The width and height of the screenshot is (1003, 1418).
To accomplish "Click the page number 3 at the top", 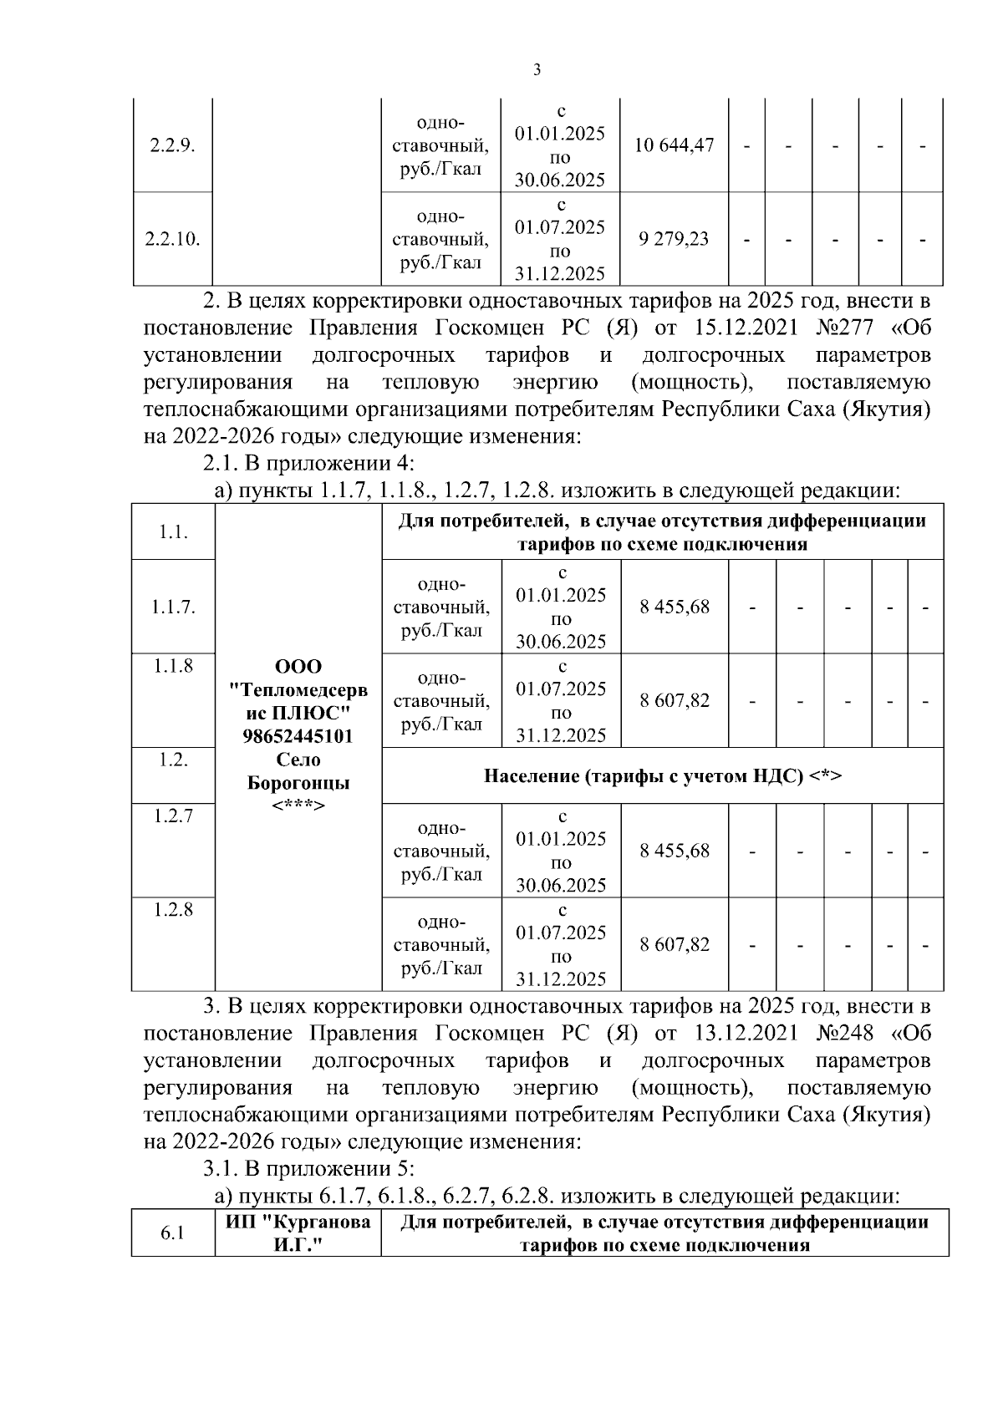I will click(x=537, y=70).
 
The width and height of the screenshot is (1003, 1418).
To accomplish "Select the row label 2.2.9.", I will click(x=172, y=145).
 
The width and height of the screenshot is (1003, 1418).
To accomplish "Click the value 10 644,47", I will click(x=674, y=145).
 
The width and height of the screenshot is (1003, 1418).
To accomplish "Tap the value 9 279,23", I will click(x=674, y=239).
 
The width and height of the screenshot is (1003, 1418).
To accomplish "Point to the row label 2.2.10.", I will click(x=172, y=239).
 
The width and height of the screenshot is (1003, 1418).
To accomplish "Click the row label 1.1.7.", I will click(x=173, y=607).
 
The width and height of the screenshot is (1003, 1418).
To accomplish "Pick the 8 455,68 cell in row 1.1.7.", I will click(x=675, y=607).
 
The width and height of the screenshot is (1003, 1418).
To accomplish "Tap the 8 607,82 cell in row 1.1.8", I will click(x=675, y=700).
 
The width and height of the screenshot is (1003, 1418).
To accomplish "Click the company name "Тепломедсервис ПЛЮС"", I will click(x=298, y=702).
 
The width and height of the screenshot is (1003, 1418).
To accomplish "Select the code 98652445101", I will click(x=298, y=737).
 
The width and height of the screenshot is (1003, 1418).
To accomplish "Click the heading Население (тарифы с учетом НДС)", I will click(x=663, y=776).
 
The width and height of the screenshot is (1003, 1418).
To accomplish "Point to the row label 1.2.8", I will click(x=173, y=910).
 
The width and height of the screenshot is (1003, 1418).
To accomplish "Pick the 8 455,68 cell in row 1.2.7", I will click(x=675, y=851).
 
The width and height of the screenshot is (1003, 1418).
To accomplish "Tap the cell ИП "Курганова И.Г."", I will click(x=298, y=1233).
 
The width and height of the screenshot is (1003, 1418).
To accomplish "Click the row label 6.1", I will click(x=172, y=1233).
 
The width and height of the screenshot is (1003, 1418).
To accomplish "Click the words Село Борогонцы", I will click(x=298, y=772).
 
